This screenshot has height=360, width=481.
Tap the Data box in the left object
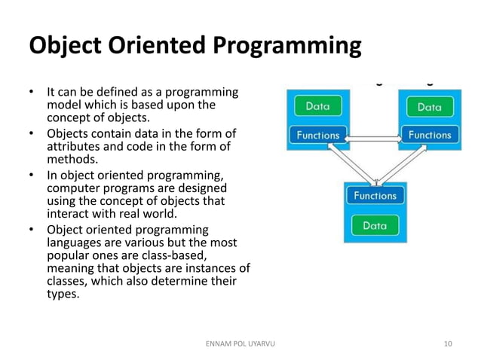coord(317,106)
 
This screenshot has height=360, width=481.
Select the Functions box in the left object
coord(317,136)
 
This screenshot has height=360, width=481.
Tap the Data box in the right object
coord(429,107)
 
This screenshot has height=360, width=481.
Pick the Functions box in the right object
coord(429,136)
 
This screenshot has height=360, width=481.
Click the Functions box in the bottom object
coord(375,196)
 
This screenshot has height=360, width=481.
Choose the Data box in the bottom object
coord(375,225)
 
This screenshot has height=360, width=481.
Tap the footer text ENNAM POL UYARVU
coord(240,344)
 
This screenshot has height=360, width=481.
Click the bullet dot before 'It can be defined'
coord(32,93)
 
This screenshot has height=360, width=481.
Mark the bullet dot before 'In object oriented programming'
coord(32,175)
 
